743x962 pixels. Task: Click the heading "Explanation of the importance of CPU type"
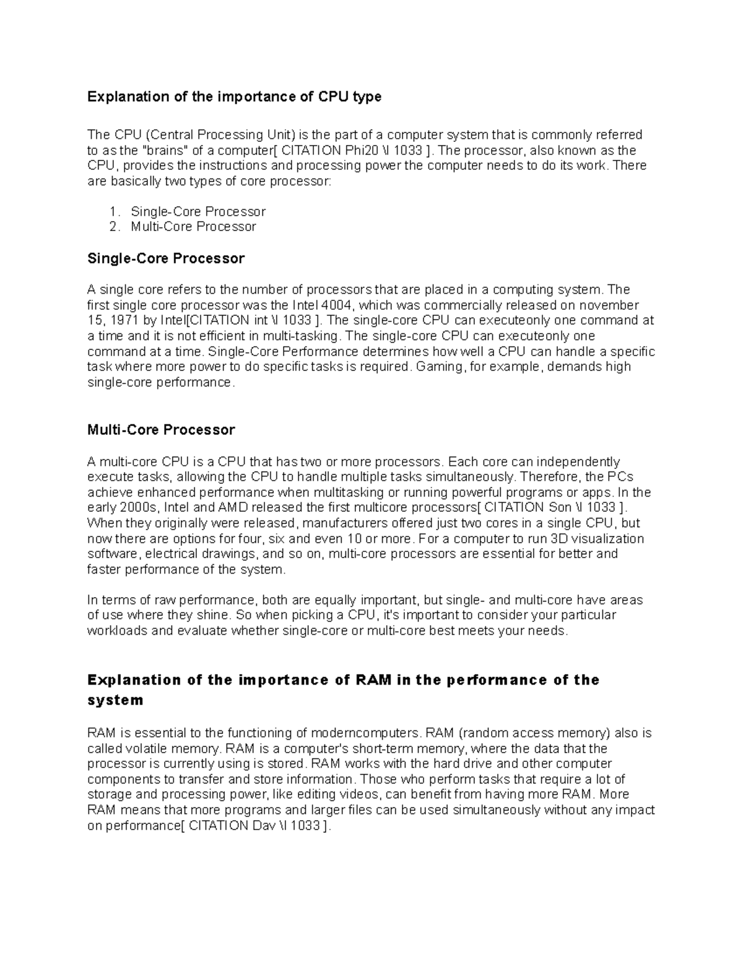(x=234, y=97)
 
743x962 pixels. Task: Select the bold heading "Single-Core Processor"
(x=166, y=258)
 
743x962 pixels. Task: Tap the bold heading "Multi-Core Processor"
(x=161, y=430)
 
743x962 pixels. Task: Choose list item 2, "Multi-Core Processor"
(x=193, y=227)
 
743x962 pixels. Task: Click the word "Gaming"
(x=438, y=367)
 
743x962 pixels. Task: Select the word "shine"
(x=212, y=615)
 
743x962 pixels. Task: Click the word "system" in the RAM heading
(x=115, y=701)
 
